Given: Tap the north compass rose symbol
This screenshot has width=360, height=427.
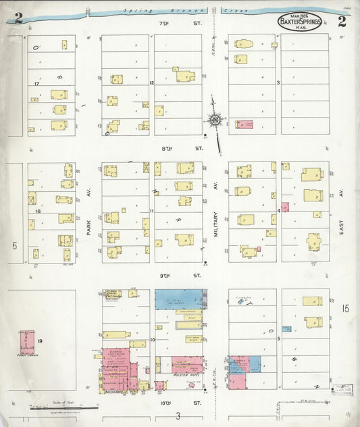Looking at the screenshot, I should tap(216, 121).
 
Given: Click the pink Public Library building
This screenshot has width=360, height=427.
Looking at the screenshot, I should tap(26, 342).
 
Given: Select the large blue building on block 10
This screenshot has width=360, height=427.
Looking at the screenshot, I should tap(179, 299).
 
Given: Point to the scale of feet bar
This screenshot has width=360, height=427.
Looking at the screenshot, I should tap(54, 407).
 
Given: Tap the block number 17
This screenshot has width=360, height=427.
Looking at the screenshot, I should tap(35, 84).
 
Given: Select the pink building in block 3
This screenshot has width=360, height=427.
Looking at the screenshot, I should tap(245, 124).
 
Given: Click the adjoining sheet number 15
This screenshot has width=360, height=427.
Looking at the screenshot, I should tap(345, 308).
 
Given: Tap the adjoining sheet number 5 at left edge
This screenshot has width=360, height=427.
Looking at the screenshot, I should tap(14, 245).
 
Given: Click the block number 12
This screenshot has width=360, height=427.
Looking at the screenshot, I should tap(152, 83).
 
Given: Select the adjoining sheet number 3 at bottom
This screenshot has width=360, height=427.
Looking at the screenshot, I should tap(178, 416).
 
